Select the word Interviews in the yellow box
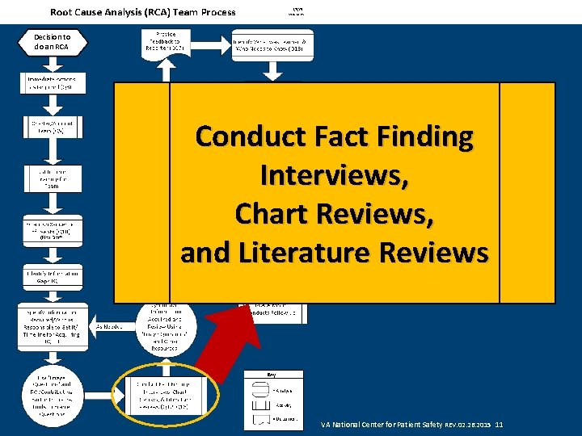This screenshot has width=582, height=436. click(334, 175)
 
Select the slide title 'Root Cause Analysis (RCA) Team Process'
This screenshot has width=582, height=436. click(143, 11)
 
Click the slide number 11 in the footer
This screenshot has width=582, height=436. click(499, 424)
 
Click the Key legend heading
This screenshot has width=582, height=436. click(272, 375)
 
